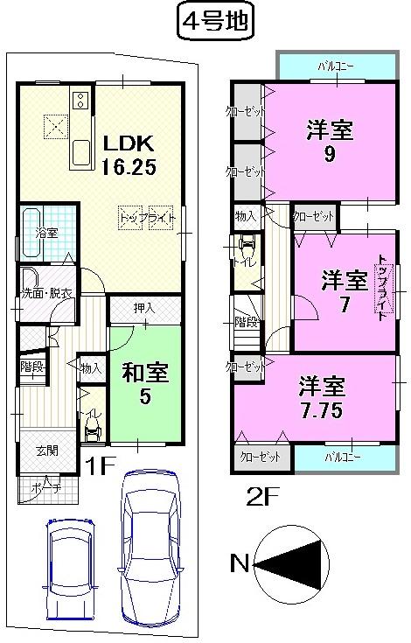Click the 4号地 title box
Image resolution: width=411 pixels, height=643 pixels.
[x=215, y=21]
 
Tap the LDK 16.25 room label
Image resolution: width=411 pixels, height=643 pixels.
[x=130, y=155]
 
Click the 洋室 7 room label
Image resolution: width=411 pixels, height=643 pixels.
[x=343, y=292]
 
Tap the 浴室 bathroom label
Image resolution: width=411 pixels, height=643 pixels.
[x=45, y=234]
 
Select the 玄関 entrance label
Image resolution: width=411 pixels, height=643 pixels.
[x=46, y=451]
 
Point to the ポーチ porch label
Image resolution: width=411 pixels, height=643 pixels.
[x=46, y=487]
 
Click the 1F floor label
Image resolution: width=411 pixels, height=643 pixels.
[x=101, y=465]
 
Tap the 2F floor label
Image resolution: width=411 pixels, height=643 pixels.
[x=261, y=500]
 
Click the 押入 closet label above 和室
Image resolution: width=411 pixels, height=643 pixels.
[x=144, y=308]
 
